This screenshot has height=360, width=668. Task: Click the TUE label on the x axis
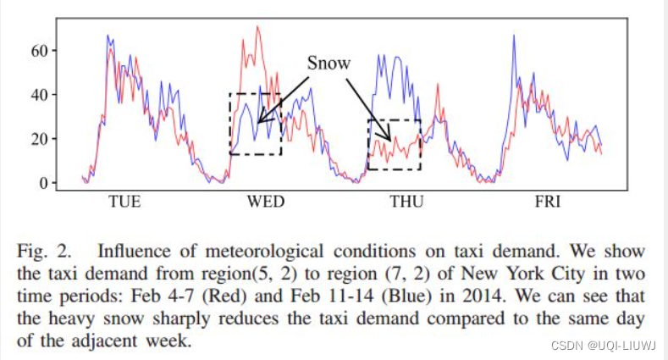[x=124, y=202]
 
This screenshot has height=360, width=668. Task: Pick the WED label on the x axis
[x=265, y=202]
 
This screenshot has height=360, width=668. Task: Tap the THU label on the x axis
[x=406, y=202]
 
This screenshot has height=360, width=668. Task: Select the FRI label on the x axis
[x=547, y=202]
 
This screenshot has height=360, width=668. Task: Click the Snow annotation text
[x=328, y=64]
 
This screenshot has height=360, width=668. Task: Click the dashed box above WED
[x=255, y=124]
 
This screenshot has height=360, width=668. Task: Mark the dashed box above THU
[x=394, y=144]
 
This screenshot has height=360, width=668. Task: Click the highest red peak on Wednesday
[x=257, y=27]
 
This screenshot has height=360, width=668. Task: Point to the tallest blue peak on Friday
[x=514, y=36]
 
